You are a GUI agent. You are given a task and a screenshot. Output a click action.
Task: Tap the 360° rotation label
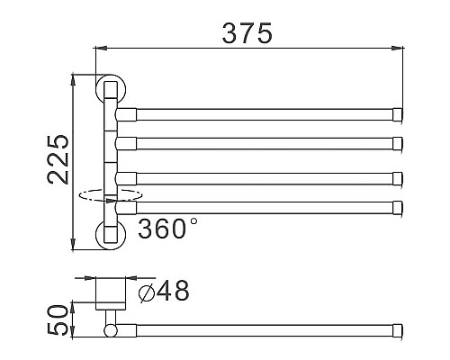[168, 229]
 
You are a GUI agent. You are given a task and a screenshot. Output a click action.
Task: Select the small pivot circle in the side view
[110, 331]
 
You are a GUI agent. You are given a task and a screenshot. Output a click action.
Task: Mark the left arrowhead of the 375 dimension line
[99, 49]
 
